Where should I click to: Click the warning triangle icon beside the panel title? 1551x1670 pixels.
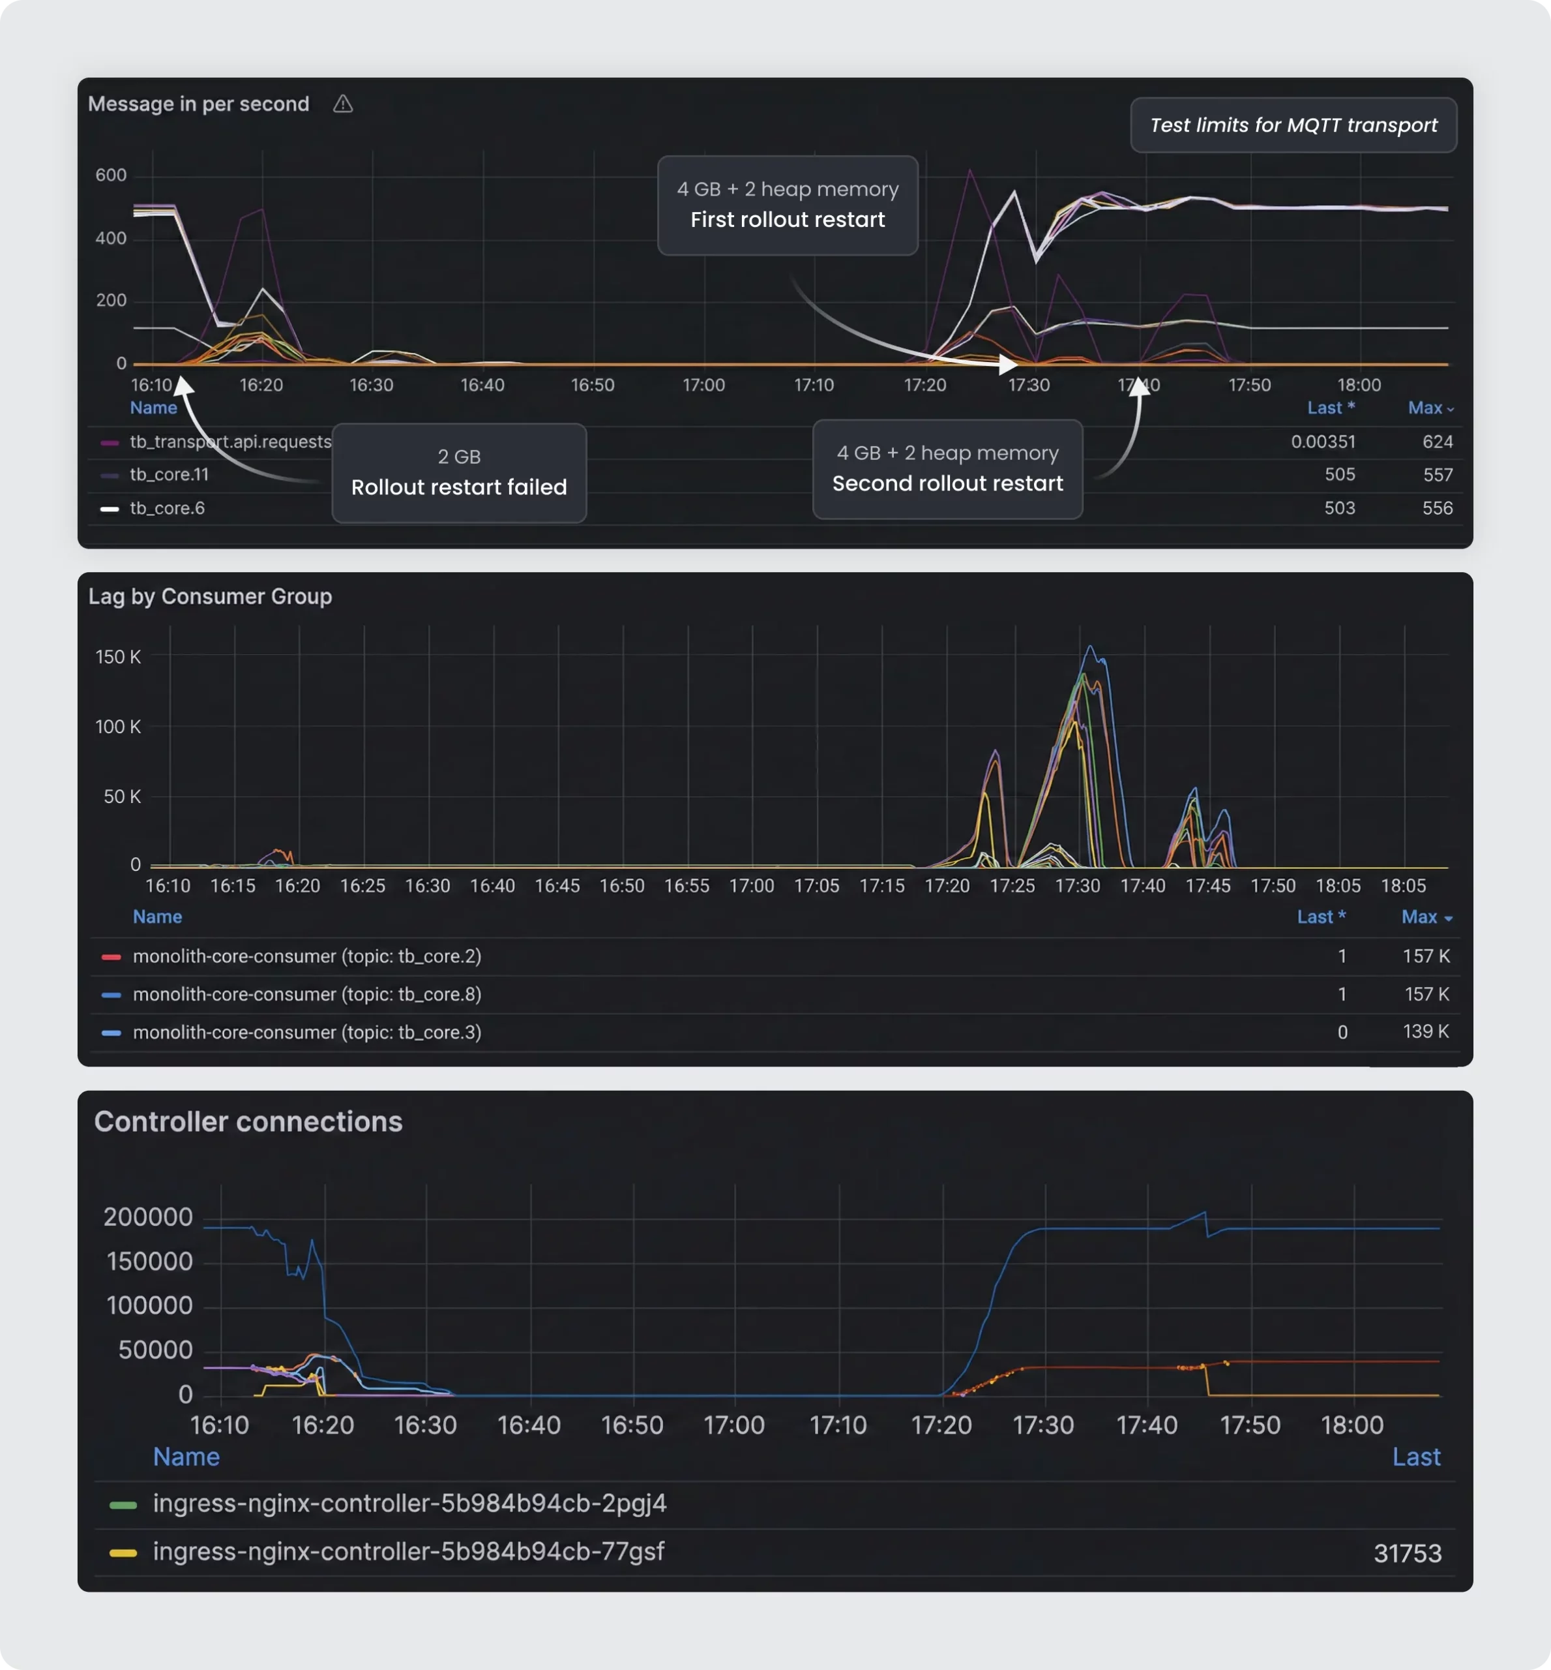[342, 104]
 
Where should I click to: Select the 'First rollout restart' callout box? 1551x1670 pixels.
[788, 205]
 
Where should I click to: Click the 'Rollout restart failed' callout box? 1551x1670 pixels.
[459, 473]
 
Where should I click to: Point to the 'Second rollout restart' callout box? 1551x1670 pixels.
[947, 469]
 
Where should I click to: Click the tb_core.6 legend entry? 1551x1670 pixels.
[167, 508]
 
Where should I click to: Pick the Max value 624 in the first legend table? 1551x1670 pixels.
[1437, 442]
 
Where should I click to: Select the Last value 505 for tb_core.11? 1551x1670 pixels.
[1340, 474]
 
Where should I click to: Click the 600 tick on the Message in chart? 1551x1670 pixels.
[111, 175]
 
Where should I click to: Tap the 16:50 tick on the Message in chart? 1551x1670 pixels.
[593, 386]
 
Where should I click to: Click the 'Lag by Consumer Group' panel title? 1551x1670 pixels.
[210, 596]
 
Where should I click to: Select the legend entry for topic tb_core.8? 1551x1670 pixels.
[306, 994]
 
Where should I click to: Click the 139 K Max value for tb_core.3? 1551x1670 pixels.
[1425, 1032]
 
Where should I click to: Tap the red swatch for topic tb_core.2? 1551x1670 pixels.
[111, 956]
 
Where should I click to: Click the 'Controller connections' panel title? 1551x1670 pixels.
[248, 1122]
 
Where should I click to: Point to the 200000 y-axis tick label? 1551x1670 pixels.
[148, 1217]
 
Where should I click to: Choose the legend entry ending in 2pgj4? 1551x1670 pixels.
[409, 1503]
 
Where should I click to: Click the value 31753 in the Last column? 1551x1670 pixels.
[1407, 1553]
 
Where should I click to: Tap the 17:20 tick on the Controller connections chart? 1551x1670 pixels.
[941, 1425]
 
